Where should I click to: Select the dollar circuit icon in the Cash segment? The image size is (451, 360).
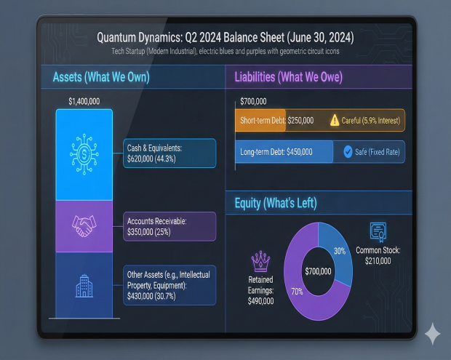(84, 153)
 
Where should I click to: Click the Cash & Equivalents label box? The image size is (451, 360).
(169, 153)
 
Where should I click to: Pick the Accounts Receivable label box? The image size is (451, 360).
(169, 226)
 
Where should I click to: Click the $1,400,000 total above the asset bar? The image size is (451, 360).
(84, 101)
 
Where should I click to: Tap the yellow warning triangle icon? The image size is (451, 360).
(335, 120)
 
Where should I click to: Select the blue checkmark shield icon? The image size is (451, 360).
(348, 152)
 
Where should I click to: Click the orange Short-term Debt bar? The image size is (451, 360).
(261, 120)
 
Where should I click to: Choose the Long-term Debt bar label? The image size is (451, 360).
(276, 152)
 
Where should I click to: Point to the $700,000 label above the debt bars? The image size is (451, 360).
(253, 101)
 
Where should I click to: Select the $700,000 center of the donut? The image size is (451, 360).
(317, 271)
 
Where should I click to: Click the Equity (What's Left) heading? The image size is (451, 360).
(275, 203)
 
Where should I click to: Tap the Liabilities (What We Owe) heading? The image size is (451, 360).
(288, 77)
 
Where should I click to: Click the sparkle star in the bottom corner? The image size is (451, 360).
(433, 335)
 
